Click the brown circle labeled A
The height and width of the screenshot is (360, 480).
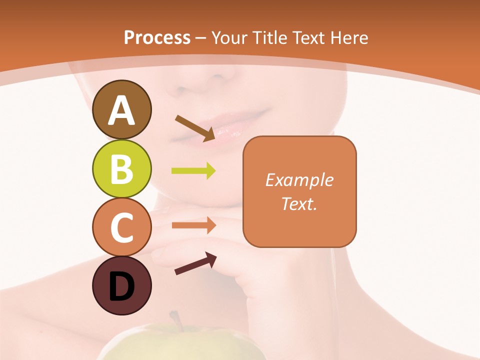click(x=121, y=109)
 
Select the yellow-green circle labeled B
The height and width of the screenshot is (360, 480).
click(x=121, y=168)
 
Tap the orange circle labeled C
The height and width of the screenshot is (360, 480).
click(x=121, y=227)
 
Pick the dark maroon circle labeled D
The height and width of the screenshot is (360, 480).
click(x=121, y=286)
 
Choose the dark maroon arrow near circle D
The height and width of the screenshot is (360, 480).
click(x=195, y=263)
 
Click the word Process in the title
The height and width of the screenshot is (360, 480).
click(x=157, y=38)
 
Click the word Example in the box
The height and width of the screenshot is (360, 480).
click(x=299, y=180)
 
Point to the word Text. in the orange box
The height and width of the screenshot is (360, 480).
click(x=299, y=203)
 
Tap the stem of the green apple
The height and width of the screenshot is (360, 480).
click(x=175, y=320)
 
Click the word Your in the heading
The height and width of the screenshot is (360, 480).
click(x=229, y=38)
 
